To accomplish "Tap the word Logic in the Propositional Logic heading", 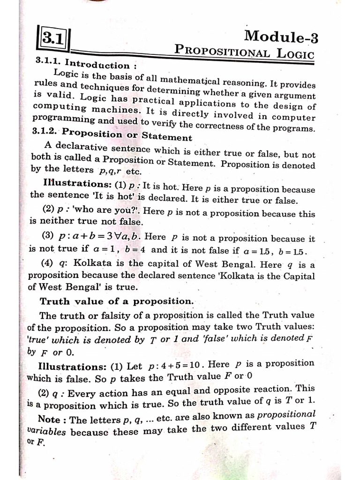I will click(x=295, y=53).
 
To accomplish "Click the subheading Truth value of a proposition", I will click(x=116, y=301).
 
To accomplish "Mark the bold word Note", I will click(x=49, y=419).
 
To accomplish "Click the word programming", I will click(x=61, y=120).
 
